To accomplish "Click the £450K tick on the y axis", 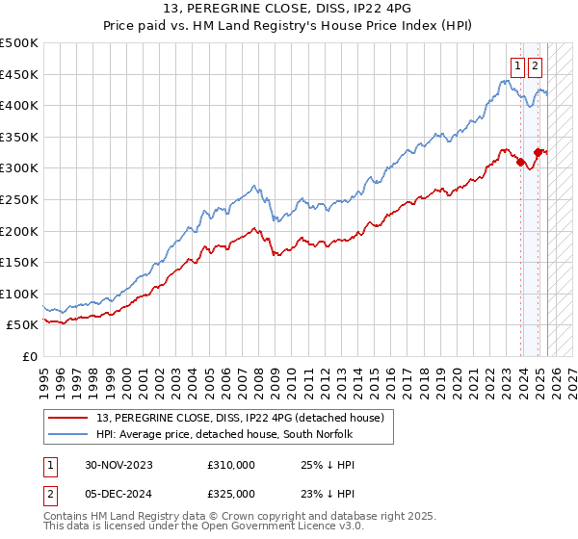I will point(18,74).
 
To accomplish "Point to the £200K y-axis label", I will point(18,231).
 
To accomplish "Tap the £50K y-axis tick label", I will point(22,325).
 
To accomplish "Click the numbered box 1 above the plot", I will point(517,66).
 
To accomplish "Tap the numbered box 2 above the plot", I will point(535,66).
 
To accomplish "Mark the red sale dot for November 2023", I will point(521,162).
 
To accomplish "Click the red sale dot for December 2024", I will point(538,152).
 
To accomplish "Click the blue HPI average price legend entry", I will point(226,434).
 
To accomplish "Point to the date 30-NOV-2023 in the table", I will point(118,465).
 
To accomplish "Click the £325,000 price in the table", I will point(231,493).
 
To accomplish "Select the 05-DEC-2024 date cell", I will point(118,493).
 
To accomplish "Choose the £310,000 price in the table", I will point(231,465).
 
